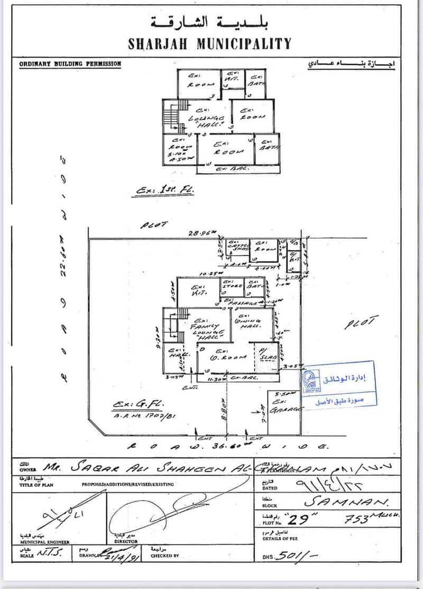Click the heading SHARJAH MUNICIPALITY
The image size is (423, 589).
point(209,43)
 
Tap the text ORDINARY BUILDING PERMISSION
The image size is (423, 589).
point(70,64)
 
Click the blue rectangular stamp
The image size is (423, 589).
point(339,384)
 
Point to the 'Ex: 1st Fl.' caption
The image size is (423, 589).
point(164,189)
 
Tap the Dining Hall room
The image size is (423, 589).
point(252,324)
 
